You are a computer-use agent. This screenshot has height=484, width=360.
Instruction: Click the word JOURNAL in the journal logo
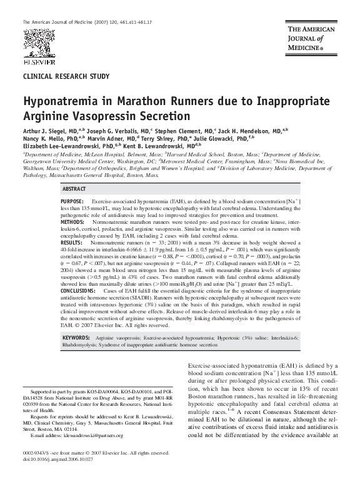(305, 38)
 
